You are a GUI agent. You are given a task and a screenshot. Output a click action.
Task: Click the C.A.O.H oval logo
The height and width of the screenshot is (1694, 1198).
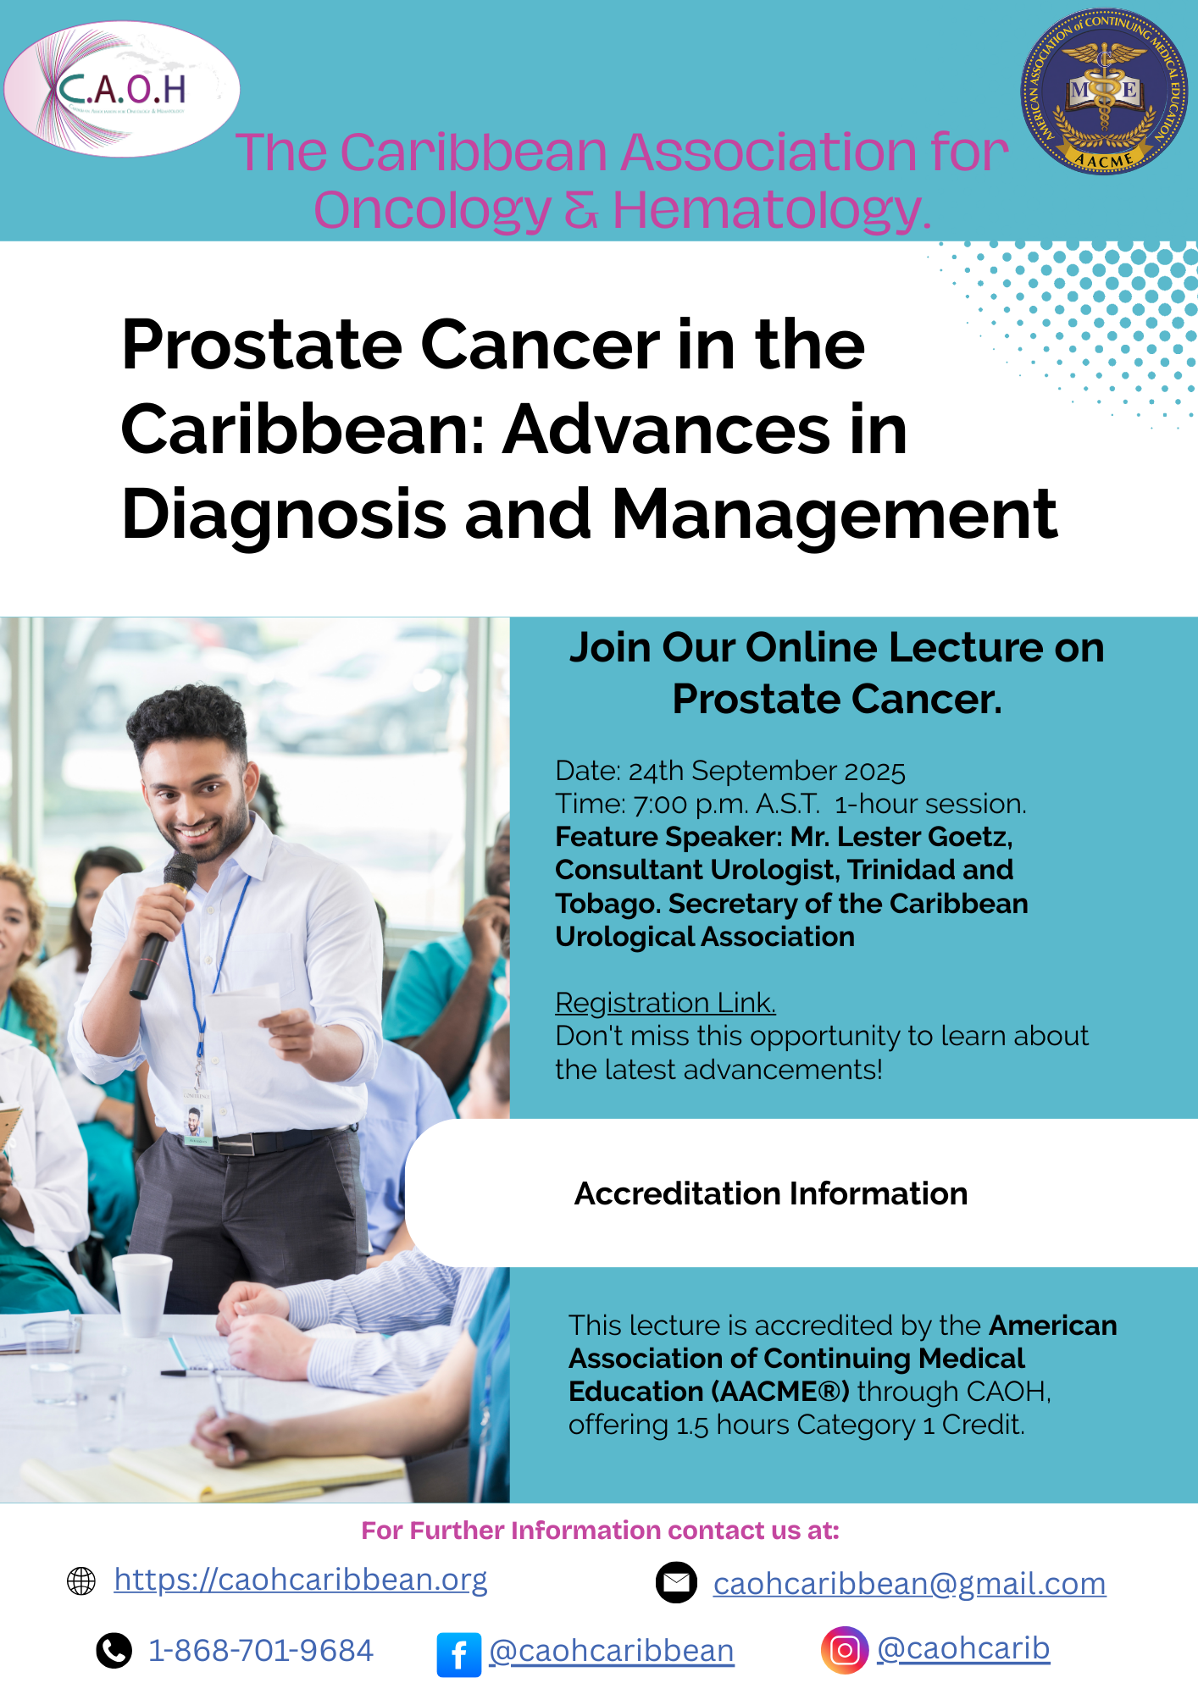(122, 89)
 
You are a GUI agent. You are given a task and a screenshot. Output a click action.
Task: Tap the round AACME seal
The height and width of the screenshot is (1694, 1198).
(1104, 91)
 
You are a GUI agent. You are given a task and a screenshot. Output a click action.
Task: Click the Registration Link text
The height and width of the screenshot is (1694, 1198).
(665, 1002)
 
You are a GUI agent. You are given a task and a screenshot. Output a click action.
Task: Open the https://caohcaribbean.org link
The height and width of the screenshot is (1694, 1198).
(301, 1580)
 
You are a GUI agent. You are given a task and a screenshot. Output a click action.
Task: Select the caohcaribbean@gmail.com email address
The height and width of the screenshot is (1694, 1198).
(909, 1583)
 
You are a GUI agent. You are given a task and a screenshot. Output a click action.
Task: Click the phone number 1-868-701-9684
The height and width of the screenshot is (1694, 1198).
(261, 1650)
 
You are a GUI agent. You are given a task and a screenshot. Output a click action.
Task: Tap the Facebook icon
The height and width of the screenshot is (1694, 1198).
(458, 1654)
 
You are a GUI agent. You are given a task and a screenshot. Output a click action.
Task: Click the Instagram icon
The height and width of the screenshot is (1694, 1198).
(844, 1650)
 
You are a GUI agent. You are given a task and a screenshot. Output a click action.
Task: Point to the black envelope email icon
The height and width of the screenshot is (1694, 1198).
(676, 1582)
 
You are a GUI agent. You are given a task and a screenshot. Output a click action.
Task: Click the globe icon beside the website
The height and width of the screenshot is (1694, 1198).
(81, 1581)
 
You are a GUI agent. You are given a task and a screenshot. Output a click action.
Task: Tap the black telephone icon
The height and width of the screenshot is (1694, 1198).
(114, 1651)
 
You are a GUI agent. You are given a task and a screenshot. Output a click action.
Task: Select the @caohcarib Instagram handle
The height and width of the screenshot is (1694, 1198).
(963, 1648)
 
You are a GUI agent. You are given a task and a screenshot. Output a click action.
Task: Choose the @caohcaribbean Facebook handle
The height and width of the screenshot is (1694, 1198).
(612, 1651)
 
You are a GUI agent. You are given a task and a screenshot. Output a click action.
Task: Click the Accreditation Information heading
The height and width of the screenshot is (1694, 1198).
(771, 1193)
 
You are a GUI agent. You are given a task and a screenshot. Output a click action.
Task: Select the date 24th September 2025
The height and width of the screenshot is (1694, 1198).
(767, 771)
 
